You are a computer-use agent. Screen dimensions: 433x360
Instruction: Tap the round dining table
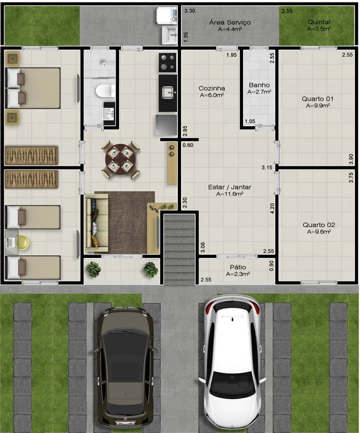[121, 160]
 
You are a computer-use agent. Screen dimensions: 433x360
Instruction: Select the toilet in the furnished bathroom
[105, 90]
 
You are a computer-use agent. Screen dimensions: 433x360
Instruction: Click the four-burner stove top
[167, 63]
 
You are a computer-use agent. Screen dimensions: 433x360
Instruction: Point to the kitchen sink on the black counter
[168, 91]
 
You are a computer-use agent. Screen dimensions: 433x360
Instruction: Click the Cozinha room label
[212, 88]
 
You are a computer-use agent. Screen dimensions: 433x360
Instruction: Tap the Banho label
[259, 85]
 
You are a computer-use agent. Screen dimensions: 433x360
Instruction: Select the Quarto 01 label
[318, 99]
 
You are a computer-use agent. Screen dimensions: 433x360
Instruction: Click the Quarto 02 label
[318, 225]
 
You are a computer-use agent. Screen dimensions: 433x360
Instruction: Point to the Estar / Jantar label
[229, 187]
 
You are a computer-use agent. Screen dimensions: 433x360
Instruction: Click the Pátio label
[237, 267]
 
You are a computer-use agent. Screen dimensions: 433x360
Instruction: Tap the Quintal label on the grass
[319, 22]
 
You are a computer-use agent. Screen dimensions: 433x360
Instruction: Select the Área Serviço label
[230, 22]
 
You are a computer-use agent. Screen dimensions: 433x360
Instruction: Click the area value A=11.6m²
[229, 194]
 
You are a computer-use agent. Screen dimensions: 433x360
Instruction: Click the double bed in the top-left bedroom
[34, 88]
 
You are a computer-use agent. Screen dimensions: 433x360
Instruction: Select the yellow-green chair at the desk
[23, 242]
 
